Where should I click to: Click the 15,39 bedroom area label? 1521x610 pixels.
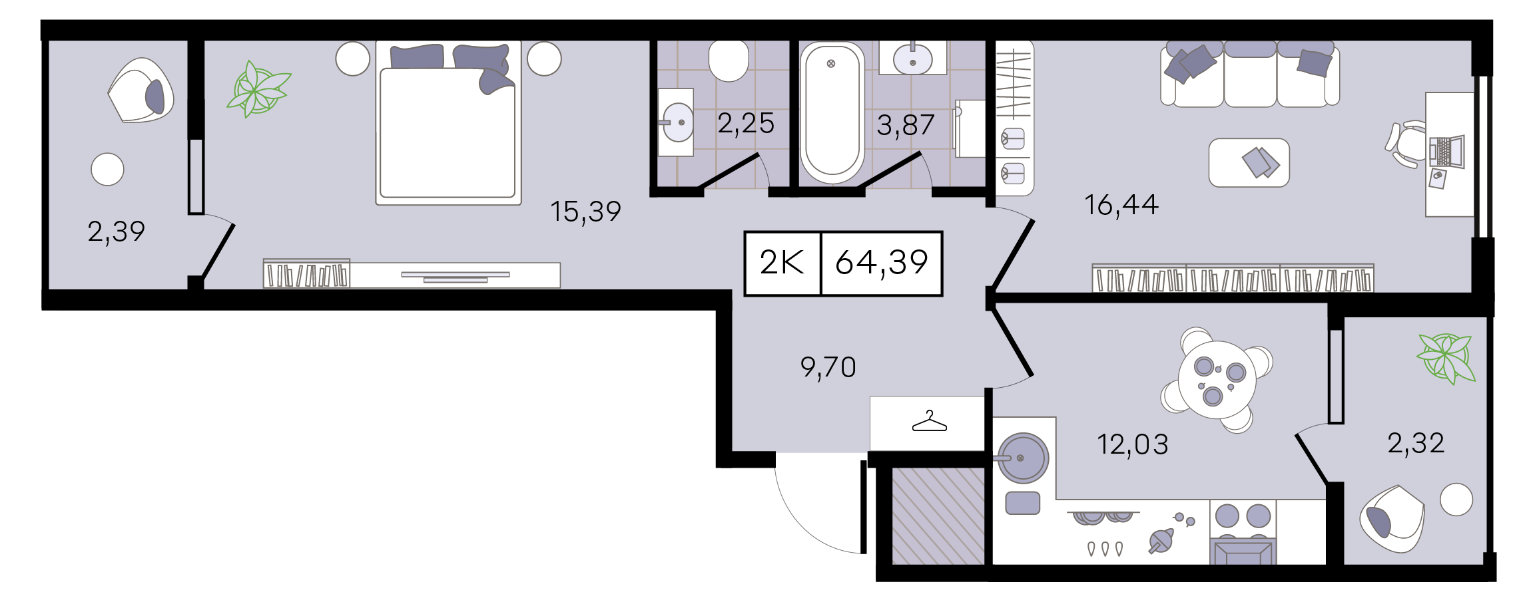click(x=585, y=212)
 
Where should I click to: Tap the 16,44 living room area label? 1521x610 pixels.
click(x=1121, y=205)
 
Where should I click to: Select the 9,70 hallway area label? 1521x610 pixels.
click(x=828, y=367)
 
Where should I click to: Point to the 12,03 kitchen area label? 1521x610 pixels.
click(x=1132, y=444)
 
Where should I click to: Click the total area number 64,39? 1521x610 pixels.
click(x=882, y=263)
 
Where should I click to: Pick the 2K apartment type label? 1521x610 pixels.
click(x=782, y=263)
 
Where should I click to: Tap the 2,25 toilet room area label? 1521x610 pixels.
click(x=746, y=124)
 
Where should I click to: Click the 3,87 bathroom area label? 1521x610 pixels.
click(x=906, y=125)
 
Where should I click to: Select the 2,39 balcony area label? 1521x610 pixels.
click(x=116, y=231)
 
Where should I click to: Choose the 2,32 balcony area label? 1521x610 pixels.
click(x=1416, y=443)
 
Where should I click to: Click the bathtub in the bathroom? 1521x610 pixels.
click(x=832, y=112)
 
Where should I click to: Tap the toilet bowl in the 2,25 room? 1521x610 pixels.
click(x=729, y=61)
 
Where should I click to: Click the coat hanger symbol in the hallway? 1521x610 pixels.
click(x=929, y=422)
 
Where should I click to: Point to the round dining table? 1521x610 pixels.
click(x=1217, y=380)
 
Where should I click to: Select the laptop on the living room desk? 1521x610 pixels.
click(x=1446, y=152)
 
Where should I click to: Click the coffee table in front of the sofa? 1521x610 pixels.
click(x=1249, y=162)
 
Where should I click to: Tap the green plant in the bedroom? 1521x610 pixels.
click(x=258, y=89)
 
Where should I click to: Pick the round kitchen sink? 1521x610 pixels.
click(x=1023, y=458)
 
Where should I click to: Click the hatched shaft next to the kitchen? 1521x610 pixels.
click(x=938, y=516)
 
